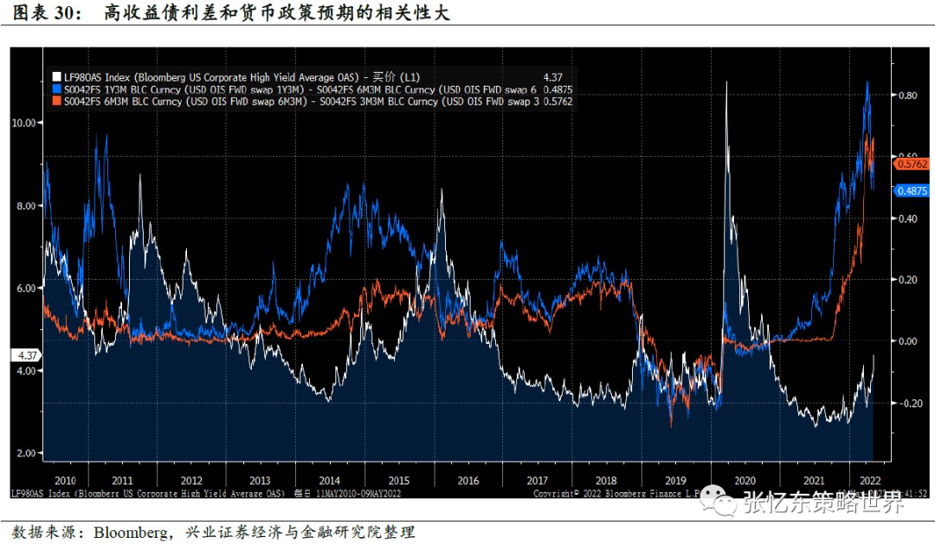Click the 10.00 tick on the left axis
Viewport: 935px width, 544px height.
click(x=23, y=122)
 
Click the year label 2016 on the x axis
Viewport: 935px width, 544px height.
click(x=467, y=479)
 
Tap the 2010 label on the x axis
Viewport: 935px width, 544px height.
click(x=65, y=479)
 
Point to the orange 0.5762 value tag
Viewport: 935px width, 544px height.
click(x=912, y=163)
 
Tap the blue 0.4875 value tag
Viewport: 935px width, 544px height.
click(x=912, y=191)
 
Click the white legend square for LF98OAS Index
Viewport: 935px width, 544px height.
click(x=56, y=76)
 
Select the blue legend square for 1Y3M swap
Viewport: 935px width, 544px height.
click(x=56, y=89)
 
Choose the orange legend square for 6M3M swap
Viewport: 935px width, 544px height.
click(x=56, y=101)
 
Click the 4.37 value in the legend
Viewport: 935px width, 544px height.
click(x=551, y=76)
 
